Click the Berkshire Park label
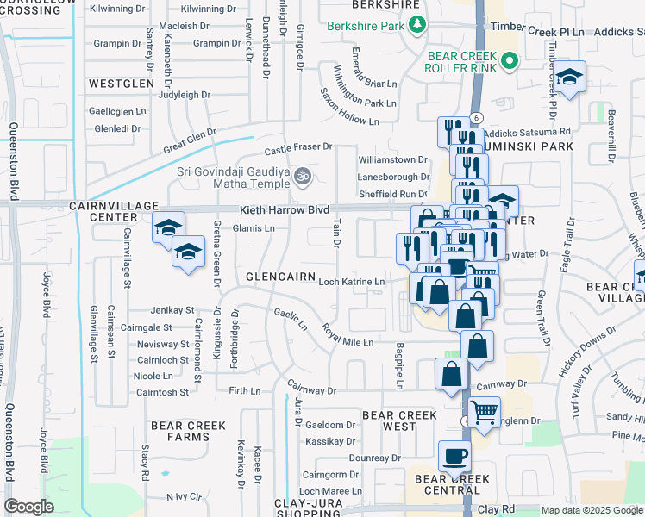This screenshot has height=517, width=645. coord(366,26)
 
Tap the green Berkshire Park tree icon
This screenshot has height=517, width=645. coord(418,24)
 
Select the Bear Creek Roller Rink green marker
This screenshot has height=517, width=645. coord(509,61)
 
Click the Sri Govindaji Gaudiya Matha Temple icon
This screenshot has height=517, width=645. coord(302,177)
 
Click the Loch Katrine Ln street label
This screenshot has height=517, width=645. coord(352,282)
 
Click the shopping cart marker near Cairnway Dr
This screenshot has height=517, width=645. coord(485,413)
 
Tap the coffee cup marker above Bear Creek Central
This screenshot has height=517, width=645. coord(454,456)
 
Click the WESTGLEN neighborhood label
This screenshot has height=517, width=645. coord(121,84)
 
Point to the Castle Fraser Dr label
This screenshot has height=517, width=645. coord(297,147)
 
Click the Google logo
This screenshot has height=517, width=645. coord(28,507)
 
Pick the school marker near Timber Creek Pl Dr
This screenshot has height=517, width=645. coord(569,78)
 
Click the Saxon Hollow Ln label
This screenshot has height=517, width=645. coord(348,107)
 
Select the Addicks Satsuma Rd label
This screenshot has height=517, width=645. coord(527,133)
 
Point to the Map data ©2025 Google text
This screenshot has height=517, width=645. coord(592,510)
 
